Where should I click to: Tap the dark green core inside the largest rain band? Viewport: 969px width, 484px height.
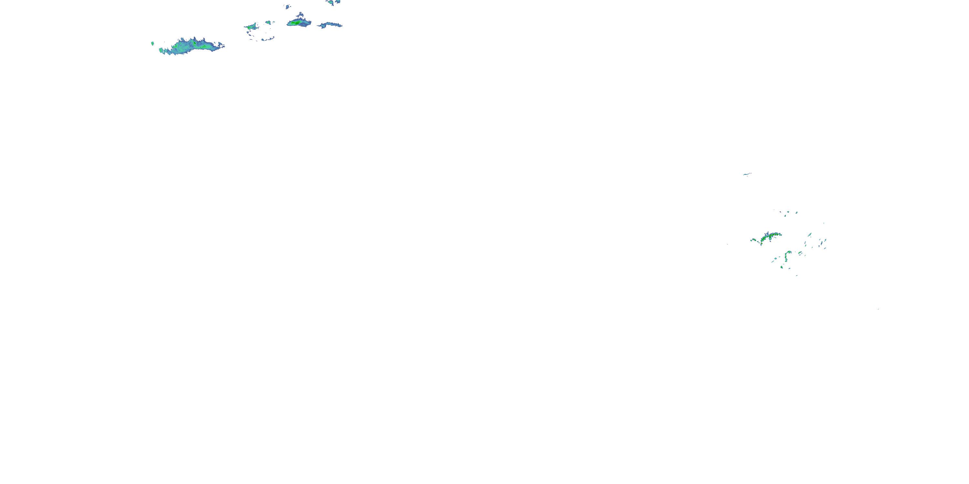pyautogui.click(x=194, y=43)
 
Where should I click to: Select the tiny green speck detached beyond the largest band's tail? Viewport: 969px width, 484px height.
pyautogui.click(x=152, y=44)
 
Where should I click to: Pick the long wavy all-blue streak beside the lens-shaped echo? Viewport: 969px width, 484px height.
pyautogui.click(x=329, y=25)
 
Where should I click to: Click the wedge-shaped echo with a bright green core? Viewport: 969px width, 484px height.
pyautogui.click(x=251, y=27)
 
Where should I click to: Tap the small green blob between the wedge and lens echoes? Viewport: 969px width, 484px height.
pyautogui.click(x=268, y=22)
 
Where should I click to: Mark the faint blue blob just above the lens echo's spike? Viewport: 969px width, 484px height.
pyautogui.click(x=288, y=6)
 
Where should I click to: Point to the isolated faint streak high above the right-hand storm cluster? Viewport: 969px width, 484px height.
pyautogui.click(x=747, y=174)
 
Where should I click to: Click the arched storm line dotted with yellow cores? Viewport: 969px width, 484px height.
pyautogui.click(x=767, y=238)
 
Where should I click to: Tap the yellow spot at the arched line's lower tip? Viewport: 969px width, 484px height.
pyautogui.click(x=761, y=244)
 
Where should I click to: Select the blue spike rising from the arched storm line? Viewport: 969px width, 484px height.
pyautogui.click(x=767, y=233)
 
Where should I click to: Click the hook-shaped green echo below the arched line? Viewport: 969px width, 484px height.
pyautogui.click(x=787, y=256)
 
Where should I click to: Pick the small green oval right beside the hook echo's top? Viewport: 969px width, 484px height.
pyautogui.click(x=800, y=253)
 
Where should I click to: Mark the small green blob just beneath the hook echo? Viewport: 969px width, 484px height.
pyautogui.click(x=781, y=267)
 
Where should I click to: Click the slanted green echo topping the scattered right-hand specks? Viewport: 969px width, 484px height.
pyautogui.click(x=809, y=235)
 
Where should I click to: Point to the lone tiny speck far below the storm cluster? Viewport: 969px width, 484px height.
pyautogui.click(x=878, y=309)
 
